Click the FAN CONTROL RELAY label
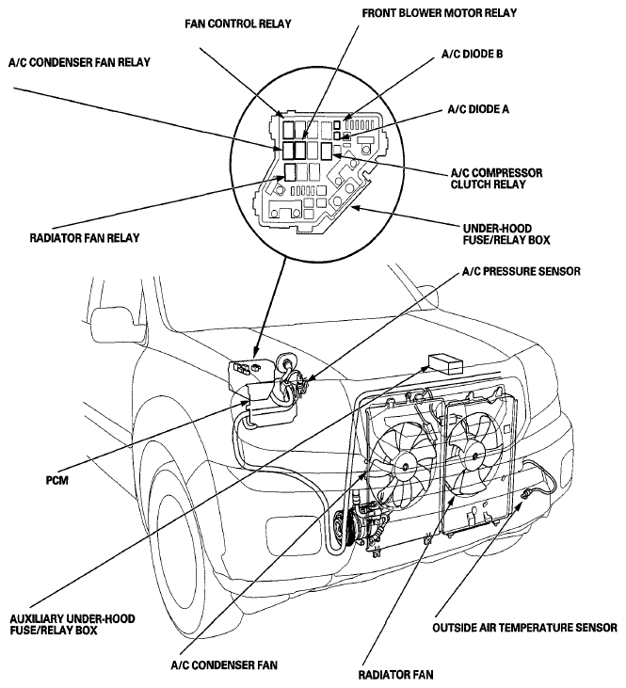click(x=238, y=24)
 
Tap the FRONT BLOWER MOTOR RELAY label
click(x=439, y=13)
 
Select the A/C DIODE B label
click(x=472, y=54)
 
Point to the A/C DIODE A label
click(x=478, y=109)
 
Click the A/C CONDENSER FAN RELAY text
click(x=79, y=62)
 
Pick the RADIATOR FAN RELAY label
click(x=85, y=238)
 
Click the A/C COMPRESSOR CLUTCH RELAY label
click(x=496, y=178)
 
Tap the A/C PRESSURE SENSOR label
click(x=522, y=271)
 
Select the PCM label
click(x=57, y=480)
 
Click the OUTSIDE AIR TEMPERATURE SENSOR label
click(x=524, y=628)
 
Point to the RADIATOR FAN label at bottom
click(x=395, y=675)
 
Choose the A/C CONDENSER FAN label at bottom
click(x=224, y=665)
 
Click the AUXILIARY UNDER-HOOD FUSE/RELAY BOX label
click(x=72, y=624)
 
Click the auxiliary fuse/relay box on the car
click(x=445, y=363)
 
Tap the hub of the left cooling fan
click(x=404, y=466)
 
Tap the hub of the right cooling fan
click(x=474, y=456)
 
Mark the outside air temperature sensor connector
click(x=524, y=495)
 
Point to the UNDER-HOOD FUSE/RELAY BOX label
click(x=506, y=233)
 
